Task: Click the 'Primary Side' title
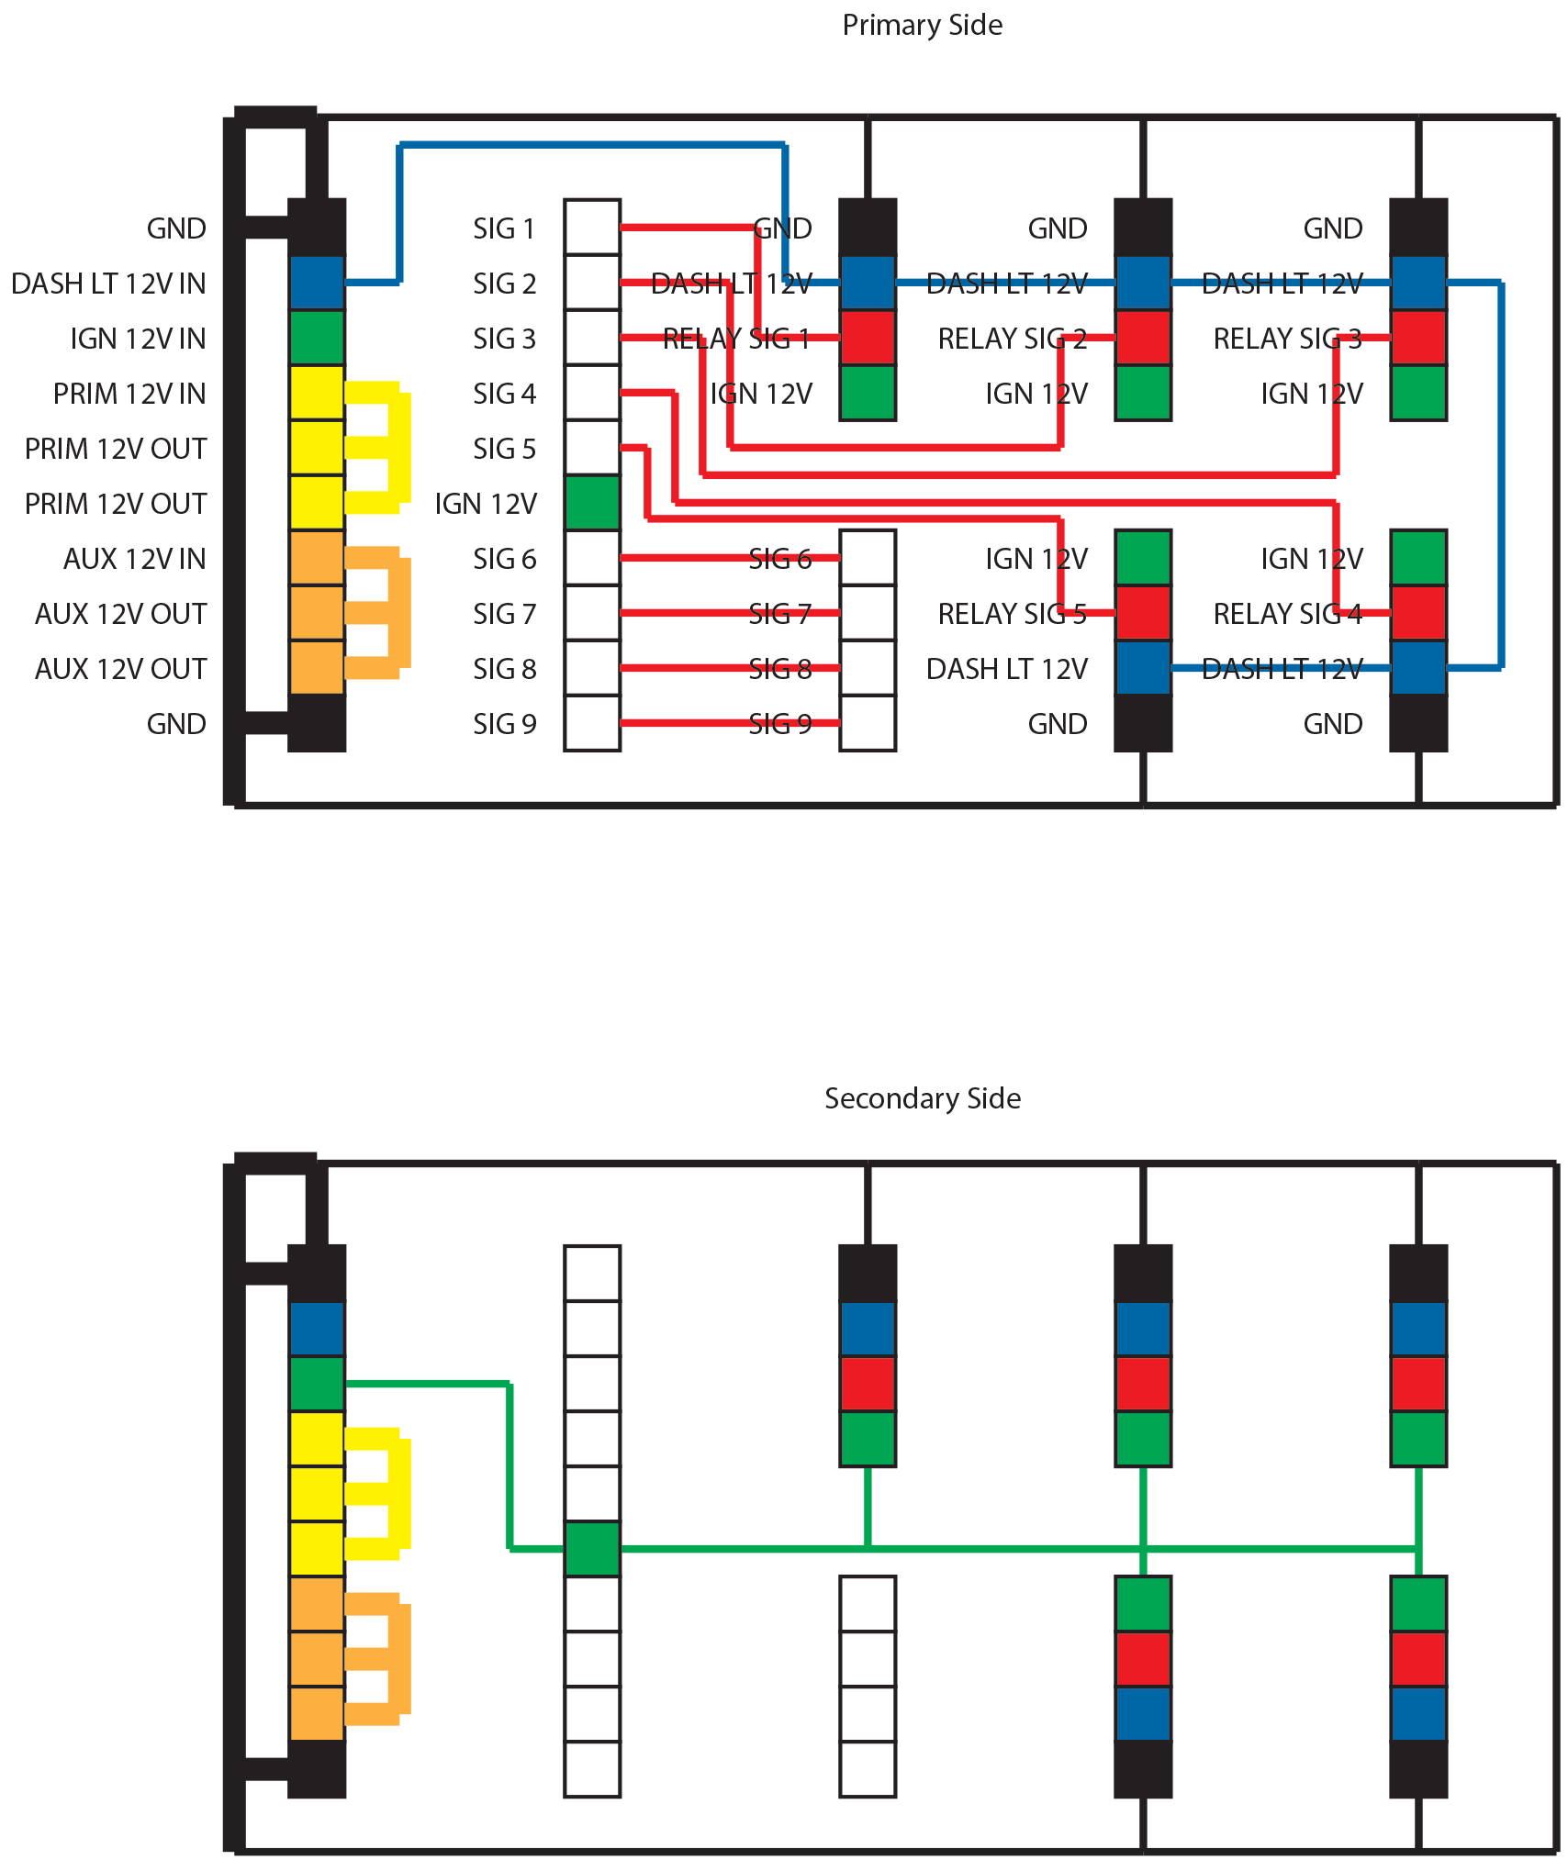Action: pyautogui.click(x=922, y=25)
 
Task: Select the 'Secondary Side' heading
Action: pyautogui.click(x=922, y=1098)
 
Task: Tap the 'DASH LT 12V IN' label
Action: pyautogui.click(x=108, y=284)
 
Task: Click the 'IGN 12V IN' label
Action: pyautogui.click(x=138, y=339)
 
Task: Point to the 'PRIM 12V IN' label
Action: pyautogui.click(x=129, y=394)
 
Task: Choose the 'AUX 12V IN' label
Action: pyautogui.click(x=135, y=559)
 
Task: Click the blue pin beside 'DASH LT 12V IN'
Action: pyautogui.click(x=317, y=283)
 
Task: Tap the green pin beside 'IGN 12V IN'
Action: pyautogui.click(x=317, y=338)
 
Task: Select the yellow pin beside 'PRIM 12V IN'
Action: pyautogui.click(x=317, y=393)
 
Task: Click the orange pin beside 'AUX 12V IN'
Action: pyautogui.click(x=317, y=558)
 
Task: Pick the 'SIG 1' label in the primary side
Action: pyautogui.click(x=504, y=228)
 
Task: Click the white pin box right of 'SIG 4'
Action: pyautogui.click(x=592, y=393)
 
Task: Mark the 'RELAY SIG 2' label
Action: pyautogui.click(x=1012, y=339)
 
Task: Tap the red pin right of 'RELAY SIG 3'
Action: pyautogui.click(x=1418, y=338)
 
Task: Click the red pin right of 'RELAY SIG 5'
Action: pyautogui.click(x=1143, y=613)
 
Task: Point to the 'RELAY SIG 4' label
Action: pyautogui.click(x=1287, y=614)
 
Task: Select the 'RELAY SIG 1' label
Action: pyautogui.click(x=736, y=339)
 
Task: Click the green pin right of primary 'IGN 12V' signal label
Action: pyautogui.click(x=592, y=503)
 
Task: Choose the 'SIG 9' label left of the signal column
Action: pyautogui.click(x=504, y=724)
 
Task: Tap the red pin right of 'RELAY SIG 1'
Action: pyautogui.click(x=868, y=338)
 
